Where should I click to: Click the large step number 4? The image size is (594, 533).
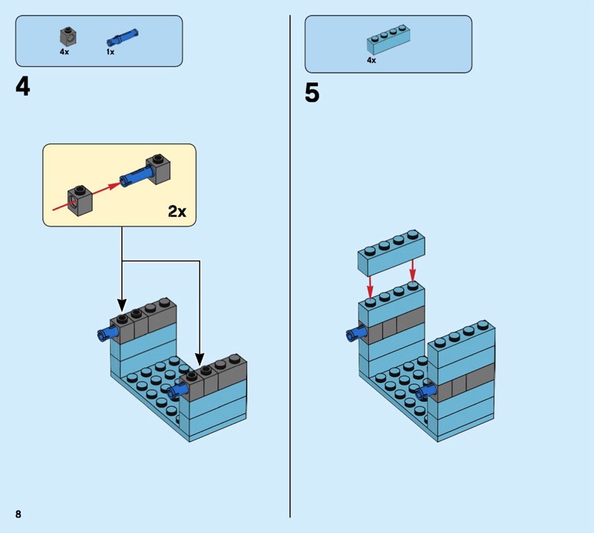pyautogui.click(x=23, y=87)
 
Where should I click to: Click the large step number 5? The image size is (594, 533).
pyautogui.click(x=312, y=93)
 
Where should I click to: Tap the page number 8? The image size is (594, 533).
pyautogui.click(x=17, y=514)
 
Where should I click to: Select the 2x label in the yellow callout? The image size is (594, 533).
pyautogui.click(x=176, y=212)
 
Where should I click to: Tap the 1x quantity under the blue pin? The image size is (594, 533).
pyautogui.click(x=110, y=53)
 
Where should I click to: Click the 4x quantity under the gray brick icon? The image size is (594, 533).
pyautogui.click(x=64, y=53)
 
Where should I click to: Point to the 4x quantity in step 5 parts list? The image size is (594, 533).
pyautogui.click(x=371, y=60)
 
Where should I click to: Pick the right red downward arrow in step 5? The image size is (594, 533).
pyautogui.click(x=413, y=270)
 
